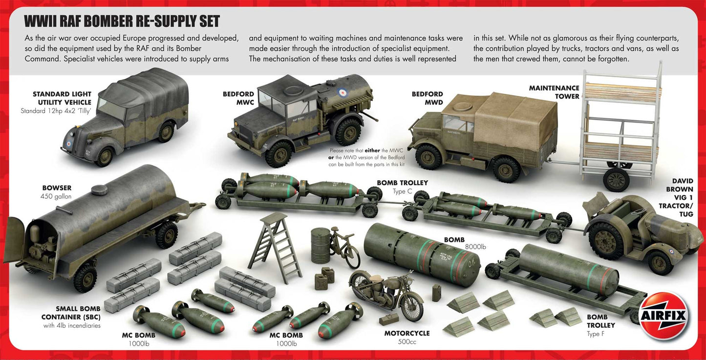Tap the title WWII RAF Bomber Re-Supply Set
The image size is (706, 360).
(x=122, y=21)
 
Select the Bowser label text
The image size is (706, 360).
(x=57, y=188)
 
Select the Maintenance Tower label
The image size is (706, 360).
(x=554, y=92)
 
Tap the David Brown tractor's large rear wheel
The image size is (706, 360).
(x=606, y=240)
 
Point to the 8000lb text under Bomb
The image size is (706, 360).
(x=476, y=247)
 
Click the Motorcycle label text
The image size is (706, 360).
(x=407, y=333)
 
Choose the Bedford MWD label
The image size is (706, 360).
(x=427, y=98)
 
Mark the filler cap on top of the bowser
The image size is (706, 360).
(x=99, y=189)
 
